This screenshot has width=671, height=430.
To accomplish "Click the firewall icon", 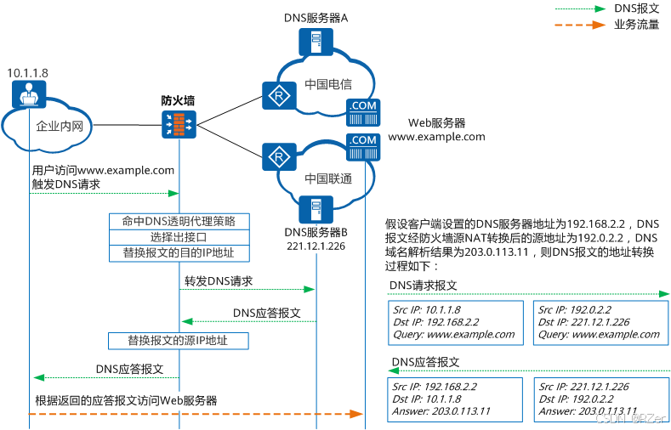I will click(x=179, y=125).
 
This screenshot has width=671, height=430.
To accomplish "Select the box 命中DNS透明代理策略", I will click(x=179, y=221).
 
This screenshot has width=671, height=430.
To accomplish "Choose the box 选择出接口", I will click(x=179, y=237).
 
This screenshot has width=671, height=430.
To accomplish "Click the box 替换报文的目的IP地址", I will click(x=179, y=253).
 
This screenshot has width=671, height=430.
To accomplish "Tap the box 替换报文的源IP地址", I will click(x=179, y=341).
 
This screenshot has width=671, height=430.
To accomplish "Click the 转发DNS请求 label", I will click(x=219, y=280).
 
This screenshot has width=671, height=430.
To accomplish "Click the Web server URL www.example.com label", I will click(x=437, y=137).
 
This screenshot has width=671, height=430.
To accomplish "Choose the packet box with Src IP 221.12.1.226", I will click(x=600, y=399).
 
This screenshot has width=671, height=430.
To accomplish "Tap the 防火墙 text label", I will click(x=178, y=100).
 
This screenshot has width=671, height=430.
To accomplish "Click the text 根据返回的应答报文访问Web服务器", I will click(x=126, y=400).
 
